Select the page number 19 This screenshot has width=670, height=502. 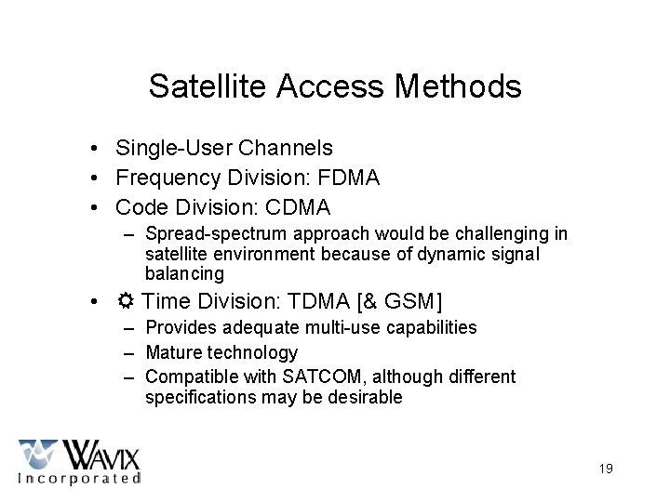tap(606, 469)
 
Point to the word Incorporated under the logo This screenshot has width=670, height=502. tap(80, 479)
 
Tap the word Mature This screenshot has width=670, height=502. tap(173, 352)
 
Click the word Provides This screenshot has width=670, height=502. tap(181, 327)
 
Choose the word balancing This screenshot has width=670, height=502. tap(184, 274)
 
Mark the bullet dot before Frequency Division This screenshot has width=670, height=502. tap(96, 178)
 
